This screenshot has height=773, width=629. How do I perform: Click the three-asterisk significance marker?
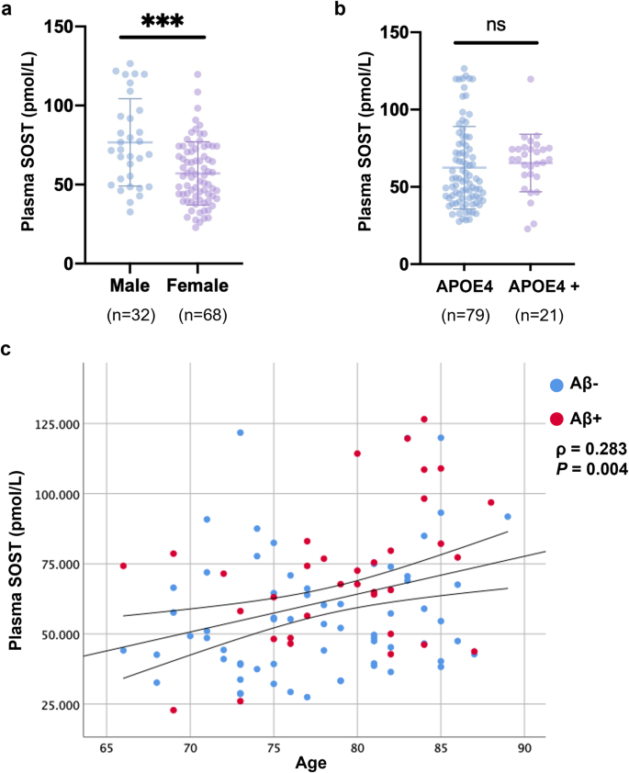[x=163, y=23]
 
